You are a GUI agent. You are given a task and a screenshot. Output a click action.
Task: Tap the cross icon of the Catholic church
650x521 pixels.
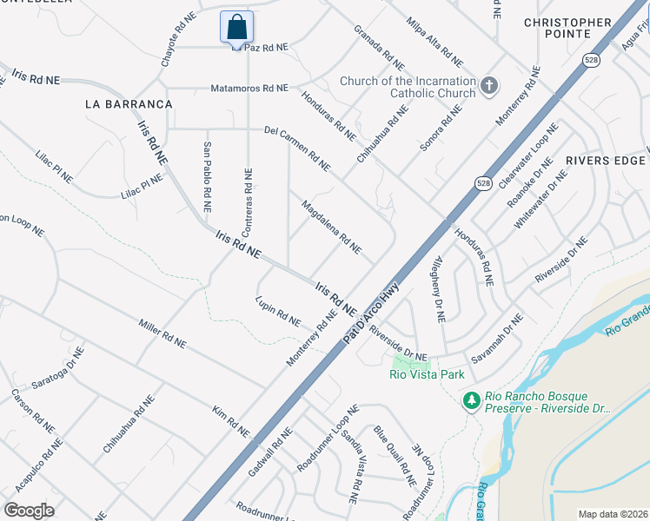click(x=489, y=85)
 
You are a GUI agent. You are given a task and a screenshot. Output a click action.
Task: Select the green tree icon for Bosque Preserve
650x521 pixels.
click(x=472, y=400)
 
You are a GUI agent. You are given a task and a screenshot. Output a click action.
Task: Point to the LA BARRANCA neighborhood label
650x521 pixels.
click(x=129, y=103)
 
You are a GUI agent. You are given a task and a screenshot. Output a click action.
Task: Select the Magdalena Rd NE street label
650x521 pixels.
click(x=331, y=228)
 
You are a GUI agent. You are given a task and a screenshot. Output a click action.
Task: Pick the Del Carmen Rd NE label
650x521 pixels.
click(x=298, y=148)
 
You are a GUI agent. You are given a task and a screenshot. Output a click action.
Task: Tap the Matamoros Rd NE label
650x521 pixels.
click(x=249, y=89)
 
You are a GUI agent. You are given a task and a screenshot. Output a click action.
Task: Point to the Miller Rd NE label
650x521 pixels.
click(x=162, y=333)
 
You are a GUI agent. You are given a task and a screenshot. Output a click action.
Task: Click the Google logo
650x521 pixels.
click(x=30, y=510)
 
